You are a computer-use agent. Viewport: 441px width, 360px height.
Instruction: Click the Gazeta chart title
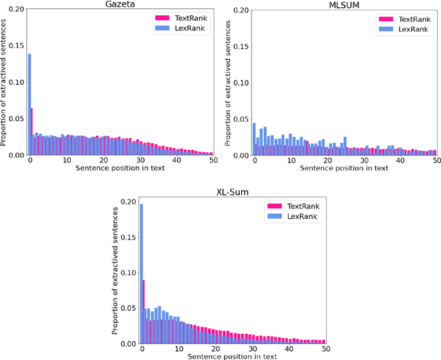click(121, 5)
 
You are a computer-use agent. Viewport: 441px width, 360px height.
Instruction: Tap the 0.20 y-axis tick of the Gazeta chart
click(15, 10)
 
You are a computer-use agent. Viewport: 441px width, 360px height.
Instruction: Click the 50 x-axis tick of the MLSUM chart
click(436, 161)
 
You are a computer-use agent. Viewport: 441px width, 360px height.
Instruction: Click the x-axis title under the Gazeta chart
click(121, 169)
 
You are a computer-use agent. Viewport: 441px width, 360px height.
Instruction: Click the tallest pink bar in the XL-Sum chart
click(143, 311)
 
